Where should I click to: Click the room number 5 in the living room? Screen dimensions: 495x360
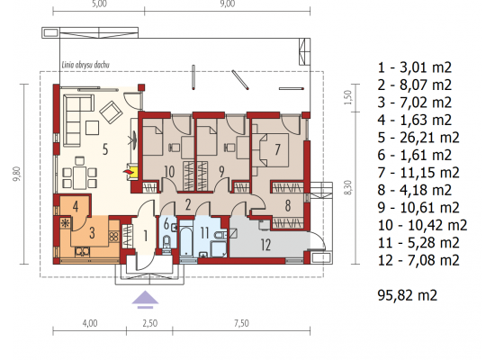pos(105,149)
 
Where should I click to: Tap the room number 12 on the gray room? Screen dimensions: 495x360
pos(265,245)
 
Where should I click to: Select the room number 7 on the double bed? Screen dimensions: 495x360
pos(277,149)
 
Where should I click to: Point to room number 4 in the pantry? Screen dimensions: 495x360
pos(75,206)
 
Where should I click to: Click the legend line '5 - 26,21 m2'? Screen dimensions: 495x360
pos(418,138)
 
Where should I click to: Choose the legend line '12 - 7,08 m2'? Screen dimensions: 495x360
pos(418,260)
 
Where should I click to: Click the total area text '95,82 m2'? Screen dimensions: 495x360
pos(408,295)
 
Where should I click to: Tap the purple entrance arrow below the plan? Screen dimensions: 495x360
pos(145,300)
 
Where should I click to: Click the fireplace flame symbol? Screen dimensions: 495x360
pos(127,172)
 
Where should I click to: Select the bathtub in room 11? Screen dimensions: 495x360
pos(186,239)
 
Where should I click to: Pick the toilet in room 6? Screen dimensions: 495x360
pos(166,243)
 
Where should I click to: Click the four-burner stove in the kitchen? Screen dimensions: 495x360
pos(113,236)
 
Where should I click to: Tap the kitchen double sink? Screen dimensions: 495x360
pos(83,251)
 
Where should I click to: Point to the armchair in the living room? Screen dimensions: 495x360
pos(111,112)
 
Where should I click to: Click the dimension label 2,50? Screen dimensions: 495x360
pos(149,323)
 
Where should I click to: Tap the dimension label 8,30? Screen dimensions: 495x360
pos(347,187)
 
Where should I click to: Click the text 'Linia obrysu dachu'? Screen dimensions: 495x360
pos(85,66)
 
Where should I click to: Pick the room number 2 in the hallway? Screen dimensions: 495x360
pos(188,205)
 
